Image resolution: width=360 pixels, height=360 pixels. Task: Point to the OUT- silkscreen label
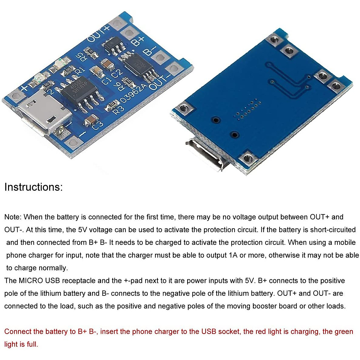pos(160,81)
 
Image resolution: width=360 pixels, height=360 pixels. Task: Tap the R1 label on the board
pos(79,71)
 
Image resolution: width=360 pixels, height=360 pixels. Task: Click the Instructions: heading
pos(33,187)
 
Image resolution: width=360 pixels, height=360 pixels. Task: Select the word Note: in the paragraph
pos(13,217)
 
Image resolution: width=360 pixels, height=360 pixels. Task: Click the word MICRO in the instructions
pos(31,280)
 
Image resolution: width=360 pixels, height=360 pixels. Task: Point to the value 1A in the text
pos(233,255)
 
